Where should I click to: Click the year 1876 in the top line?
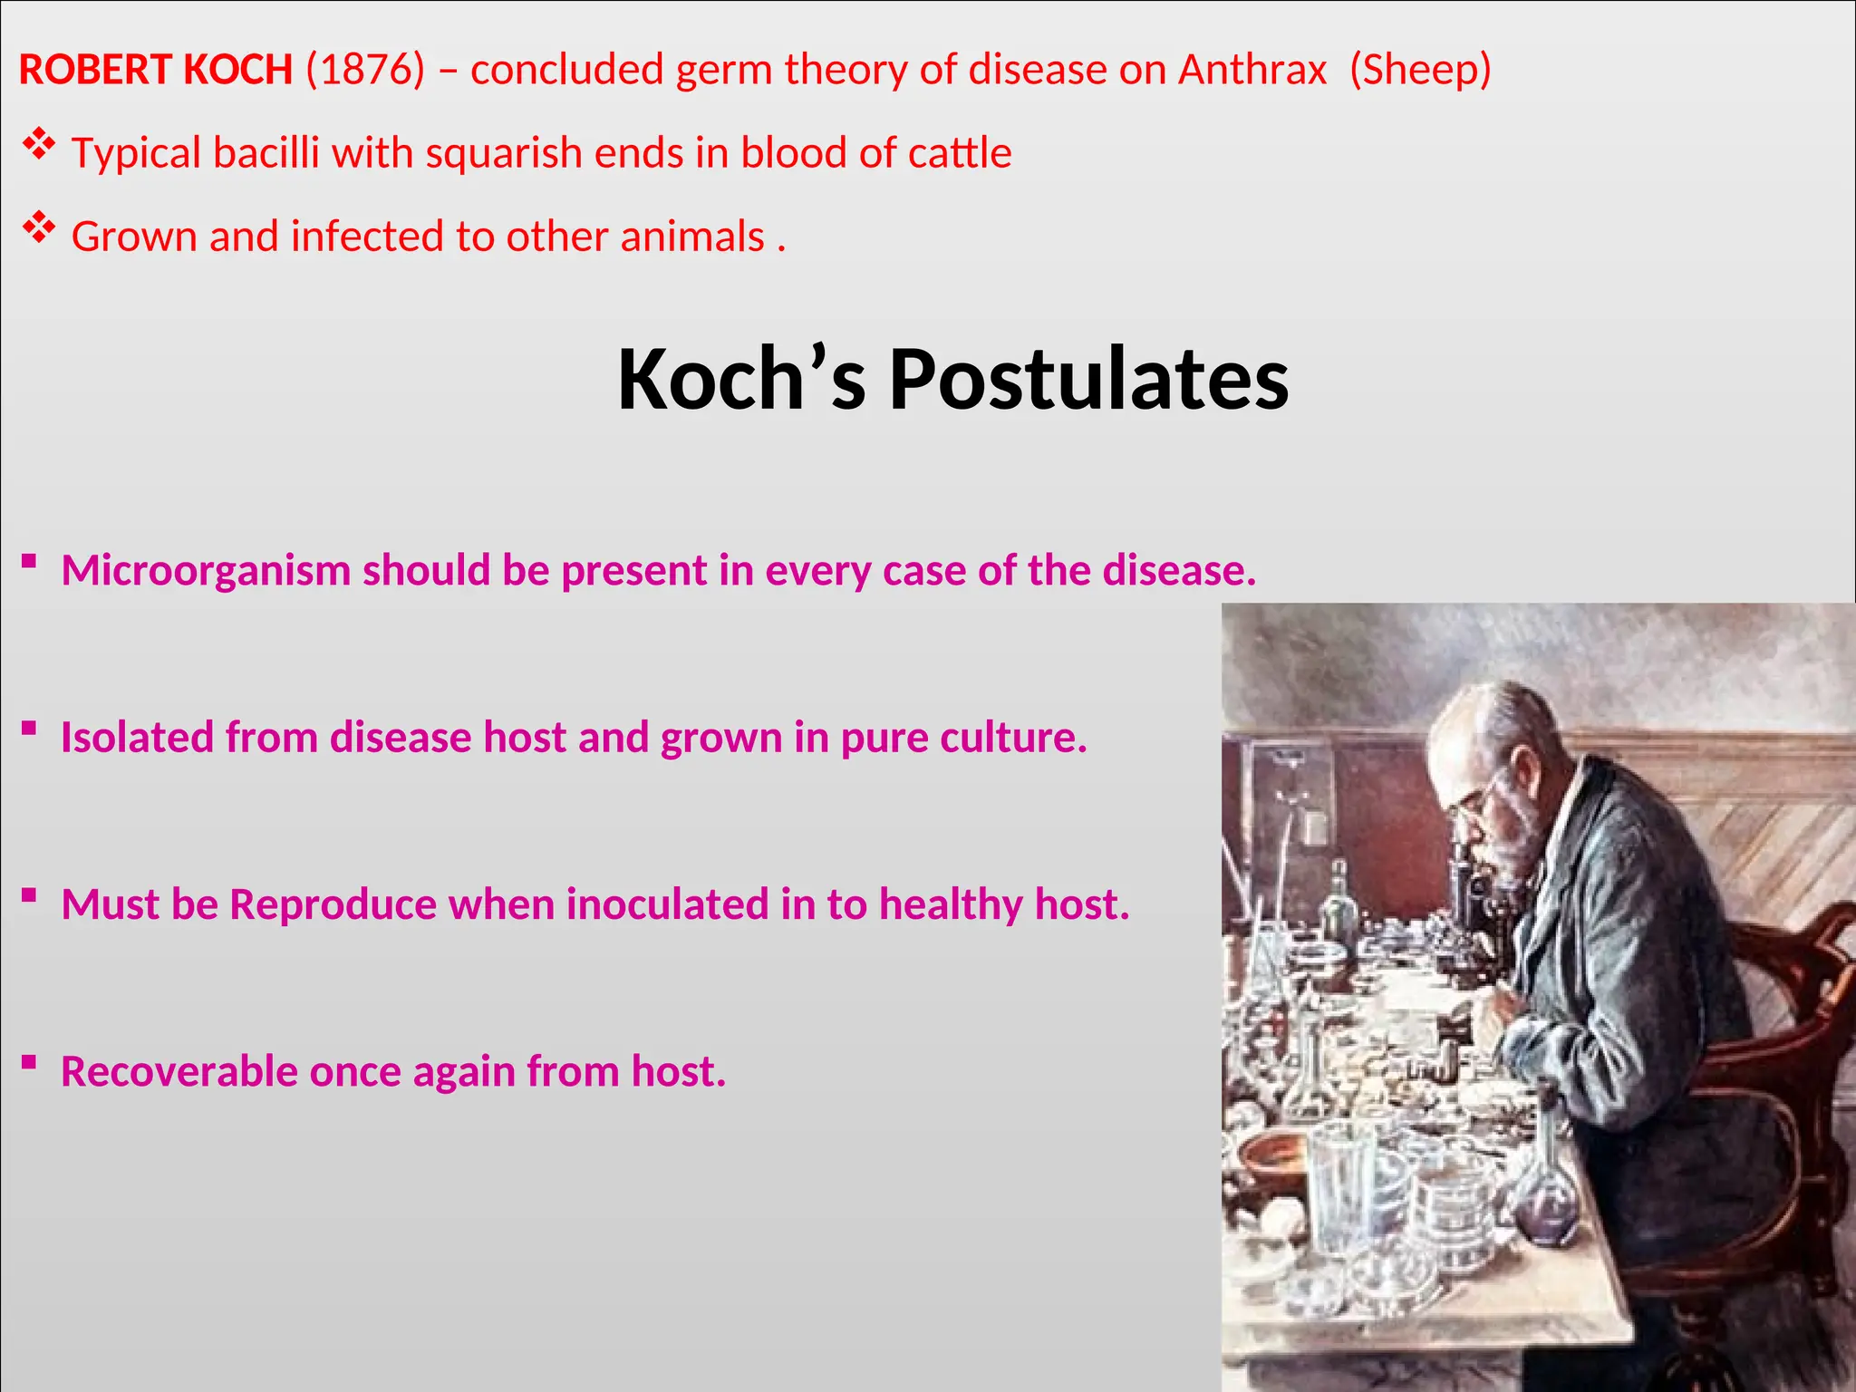coord(365,70)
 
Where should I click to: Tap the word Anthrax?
coord(1252,70)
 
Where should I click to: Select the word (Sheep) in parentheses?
coord(1420,70)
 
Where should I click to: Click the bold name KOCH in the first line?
coord(237,70)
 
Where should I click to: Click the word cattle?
coord(960,153)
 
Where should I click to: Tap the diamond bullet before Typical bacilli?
coord(38,145)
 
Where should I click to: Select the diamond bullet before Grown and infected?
coord(38,228)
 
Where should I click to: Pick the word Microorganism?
coord(206,571)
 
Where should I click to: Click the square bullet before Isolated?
coord(30,728)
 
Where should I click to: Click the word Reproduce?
coord(333,905)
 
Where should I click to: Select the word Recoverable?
coord(179,1072)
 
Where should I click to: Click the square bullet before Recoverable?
coord(30,1061)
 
